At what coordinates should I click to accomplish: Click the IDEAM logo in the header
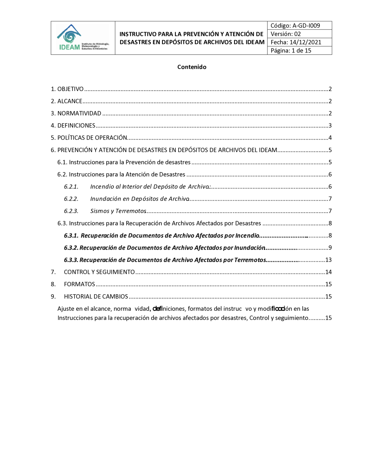[83, 38]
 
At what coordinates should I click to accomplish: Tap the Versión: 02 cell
[286, 34]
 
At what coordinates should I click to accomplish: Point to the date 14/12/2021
[305, 42]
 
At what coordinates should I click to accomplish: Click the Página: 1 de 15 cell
[291, 51]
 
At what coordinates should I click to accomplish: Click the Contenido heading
[192, 67]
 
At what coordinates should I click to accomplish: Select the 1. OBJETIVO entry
[67, 89]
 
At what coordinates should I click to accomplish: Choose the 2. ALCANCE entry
[67, 101]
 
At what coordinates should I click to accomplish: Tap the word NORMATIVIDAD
[79, 113]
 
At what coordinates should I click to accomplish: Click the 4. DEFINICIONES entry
[73, 126]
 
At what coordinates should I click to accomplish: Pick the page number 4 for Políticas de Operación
[330, 138]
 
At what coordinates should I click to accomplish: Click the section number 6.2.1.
[71, 187]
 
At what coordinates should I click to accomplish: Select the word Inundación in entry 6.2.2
[105, 199]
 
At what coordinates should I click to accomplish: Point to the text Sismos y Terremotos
[118, 211]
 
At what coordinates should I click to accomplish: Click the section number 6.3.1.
[71, 236]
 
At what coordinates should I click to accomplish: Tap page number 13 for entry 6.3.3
[328, 260]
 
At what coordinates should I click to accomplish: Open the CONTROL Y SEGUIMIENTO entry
[99, 272]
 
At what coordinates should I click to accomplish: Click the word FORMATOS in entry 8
[79, 284]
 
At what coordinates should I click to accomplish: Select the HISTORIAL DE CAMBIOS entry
[96, 296]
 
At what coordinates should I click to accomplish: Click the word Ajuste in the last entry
[66, 309]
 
